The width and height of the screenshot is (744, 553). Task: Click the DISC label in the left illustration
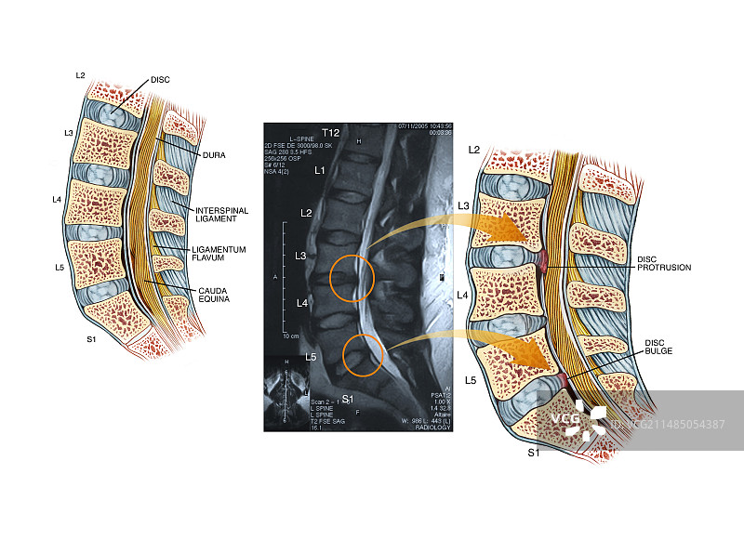pos(159,80)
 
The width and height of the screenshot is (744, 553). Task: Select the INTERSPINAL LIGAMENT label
pos(222,216)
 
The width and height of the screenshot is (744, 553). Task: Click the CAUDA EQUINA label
pos(212,294)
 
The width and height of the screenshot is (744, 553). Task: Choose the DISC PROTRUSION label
pos(663,263)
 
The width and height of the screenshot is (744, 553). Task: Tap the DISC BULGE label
pos(658,347)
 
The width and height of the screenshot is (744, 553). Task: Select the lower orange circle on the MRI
pos(362,355)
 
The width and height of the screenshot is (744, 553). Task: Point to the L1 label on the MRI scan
pos(319,170)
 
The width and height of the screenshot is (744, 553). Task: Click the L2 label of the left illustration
pos(81,74)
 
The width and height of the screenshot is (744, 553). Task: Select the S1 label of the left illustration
pos(91,339)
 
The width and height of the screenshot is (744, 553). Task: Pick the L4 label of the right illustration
pos(462,295)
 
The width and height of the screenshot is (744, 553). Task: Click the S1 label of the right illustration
pos(534,453)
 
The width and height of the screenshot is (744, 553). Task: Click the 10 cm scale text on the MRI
pos(290,336)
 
